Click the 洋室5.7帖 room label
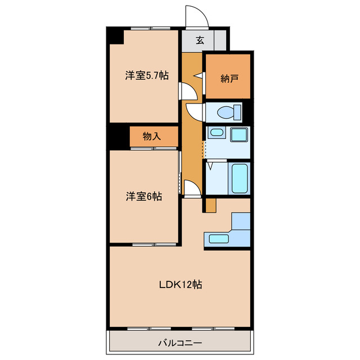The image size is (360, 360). coord(146,76)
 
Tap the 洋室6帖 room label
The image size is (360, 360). coord(143,197)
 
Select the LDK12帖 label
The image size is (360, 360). coord(180,285)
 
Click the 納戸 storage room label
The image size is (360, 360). coord(227,77)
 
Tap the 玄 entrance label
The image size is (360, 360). coord(200,40)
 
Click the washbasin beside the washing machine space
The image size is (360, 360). coord(215,134)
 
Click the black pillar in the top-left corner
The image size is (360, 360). coord(116,35)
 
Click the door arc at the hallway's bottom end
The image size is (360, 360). coord(191,187)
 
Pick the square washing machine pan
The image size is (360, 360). coord(240,136)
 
